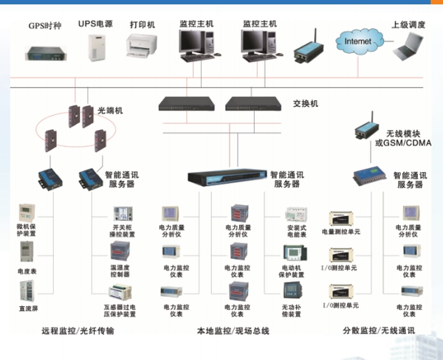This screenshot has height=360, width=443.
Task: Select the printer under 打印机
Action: pos(142,48)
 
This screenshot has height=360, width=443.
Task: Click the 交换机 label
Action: pos(304,104)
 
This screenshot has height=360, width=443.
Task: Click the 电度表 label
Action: pos(27,271)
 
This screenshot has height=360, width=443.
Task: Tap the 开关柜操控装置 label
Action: pos(123,229)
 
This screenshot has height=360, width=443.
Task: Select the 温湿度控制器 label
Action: pos(123,271)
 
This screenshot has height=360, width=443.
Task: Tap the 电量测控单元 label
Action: pos(341,232)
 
